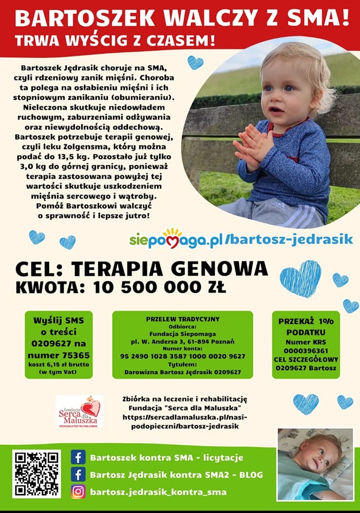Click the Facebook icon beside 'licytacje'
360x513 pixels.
point(79,457)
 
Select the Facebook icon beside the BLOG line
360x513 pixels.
point(79,475)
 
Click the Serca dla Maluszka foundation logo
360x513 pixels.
point(80,411)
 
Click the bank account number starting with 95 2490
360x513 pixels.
point(182,356)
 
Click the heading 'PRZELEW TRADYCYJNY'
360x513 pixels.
point(183,319)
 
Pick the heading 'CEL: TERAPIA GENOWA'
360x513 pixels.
point(142,267)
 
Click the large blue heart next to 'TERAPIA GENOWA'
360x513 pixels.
point(301,278)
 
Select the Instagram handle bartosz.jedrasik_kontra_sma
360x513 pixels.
point(158,492)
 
